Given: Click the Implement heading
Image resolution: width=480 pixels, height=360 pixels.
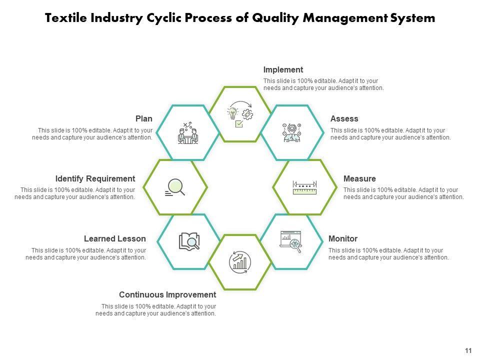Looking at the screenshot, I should [x=283, y=70].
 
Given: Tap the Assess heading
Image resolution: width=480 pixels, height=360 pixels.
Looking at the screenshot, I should [x=344, y=119].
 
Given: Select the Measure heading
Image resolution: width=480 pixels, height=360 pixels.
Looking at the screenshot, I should [x=359, y=179].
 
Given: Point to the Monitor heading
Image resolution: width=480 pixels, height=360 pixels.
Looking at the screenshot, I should [x=342, y=239].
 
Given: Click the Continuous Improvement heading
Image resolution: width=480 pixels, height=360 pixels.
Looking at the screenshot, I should [x=167, y=295].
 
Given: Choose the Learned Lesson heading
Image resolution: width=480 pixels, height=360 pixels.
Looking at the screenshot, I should [x=115, y=239].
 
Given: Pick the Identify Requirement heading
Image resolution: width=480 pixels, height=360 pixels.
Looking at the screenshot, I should [x=95, y=179].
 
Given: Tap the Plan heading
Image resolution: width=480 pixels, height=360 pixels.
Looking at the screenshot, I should [x=144, y=119].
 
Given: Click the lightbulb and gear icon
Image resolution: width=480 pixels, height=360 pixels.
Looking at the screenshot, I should [x=240, y=114].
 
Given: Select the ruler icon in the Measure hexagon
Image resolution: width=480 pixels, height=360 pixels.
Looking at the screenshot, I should [x=304, y=187].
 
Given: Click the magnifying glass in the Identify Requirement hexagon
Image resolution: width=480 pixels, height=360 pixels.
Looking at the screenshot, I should [x=175, y=187].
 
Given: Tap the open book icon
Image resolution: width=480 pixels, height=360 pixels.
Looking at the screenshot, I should [x=189, y=241].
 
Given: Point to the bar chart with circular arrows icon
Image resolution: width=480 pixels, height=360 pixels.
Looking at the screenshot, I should [x=240, y=261].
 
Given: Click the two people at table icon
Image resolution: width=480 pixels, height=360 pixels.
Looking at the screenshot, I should [x=188, y=133].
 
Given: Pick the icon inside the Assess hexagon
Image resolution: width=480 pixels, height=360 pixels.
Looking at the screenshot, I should [x=291, y=132].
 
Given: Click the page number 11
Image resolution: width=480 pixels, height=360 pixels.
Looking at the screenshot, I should [x=468, y=351].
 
